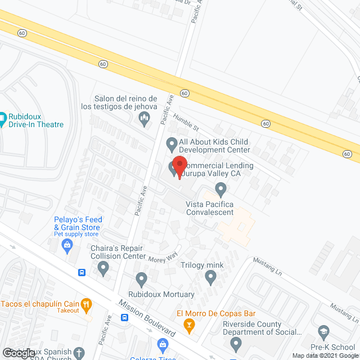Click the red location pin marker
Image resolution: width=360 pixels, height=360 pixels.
coord(179,166)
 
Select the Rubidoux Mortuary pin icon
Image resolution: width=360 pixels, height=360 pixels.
coord(142,278)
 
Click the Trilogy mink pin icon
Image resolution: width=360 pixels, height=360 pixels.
coord(210,276)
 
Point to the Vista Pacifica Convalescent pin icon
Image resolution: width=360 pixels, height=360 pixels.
coord(221,188)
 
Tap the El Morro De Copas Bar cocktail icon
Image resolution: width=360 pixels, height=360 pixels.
coord(189,324)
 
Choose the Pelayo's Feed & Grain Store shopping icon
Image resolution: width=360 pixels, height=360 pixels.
coord(67,245)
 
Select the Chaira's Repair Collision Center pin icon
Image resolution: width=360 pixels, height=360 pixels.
coord(103,269)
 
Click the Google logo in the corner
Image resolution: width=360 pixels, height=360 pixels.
coord(18,353)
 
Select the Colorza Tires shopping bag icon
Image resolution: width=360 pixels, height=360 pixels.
coord(163,344)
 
